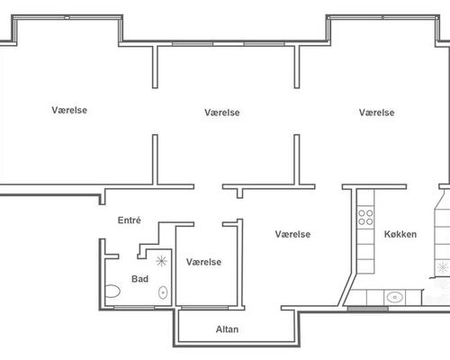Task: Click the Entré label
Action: tap(130, 220)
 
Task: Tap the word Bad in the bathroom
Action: tap(139, 279)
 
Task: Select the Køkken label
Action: tap(400, 234)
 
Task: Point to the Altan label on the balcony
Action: tap(228, 329)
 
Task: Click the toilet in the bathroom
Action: tap(112, 291)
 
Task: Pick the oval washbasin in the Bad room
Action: tap(163, 292)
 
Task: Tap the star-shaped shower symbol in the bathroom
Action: tap(161, 261)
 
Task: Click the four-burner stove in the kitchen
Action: tap(365, 217)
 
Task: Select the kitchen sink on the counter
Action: tap(395, 297)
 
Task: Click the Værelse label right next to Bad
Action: tap(204, 262)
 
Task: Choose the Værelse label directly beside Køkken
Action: tap(292, 234)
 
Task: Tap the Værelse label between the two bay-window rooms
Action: tap(222, 112)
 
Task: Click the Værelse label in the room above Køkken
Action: tap(377, 112)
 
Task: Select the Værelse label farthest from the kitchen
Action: tap(69, 110)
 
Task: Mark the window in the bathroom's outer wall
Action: tap(134, 308)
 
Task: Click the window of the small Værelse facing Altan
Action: tap(205, 308)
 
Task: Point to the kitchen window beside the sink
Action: tap(368, 308)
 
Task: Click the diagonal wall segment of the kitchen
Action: tap(347, 290)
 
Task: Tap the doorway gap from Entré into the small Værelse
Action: tap(208, 224)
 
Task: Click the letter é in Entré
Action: tap(139, 220)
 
